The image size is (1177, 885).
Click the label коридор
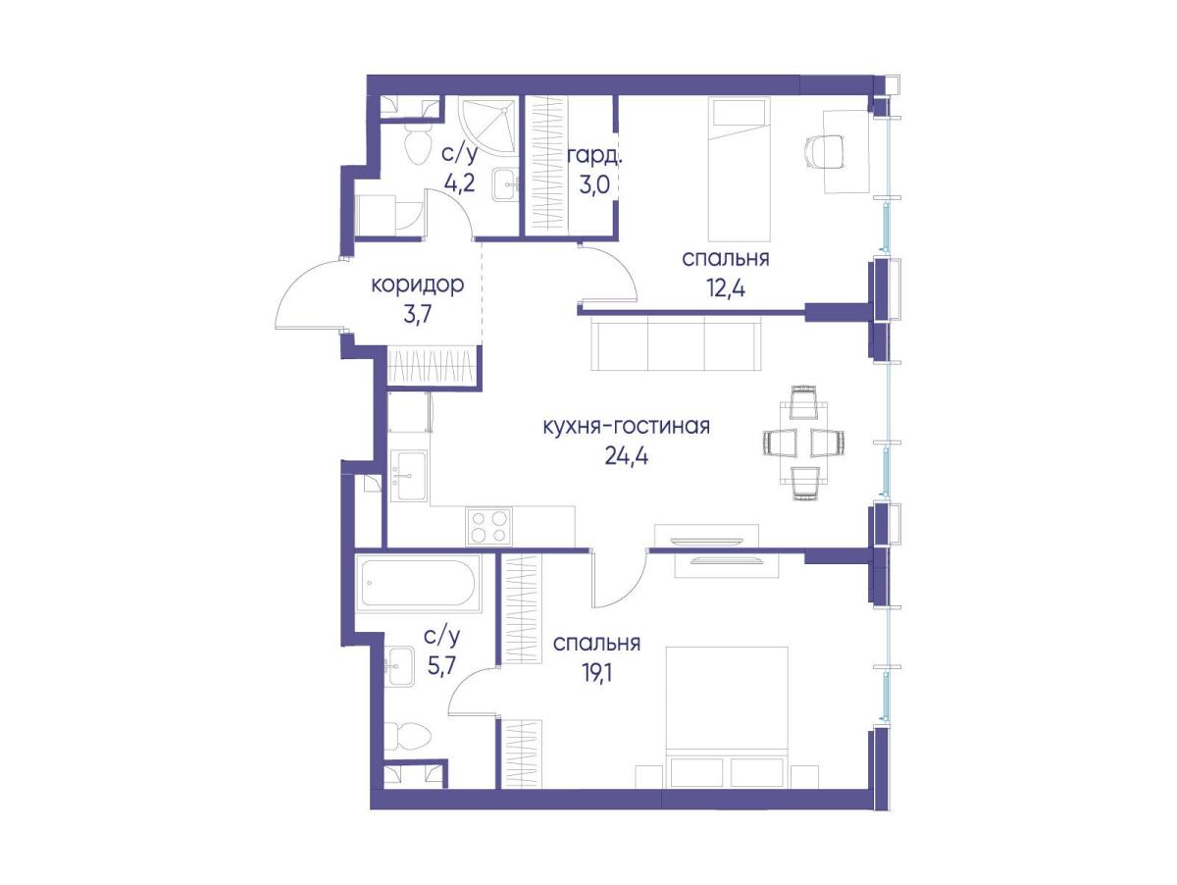coord(417,285)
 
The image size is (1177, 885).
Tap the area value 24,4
coord(627,456)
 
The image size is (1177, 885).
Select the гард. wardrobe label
coord(594,158)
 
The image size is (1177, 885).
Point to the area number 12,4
coord(725,289)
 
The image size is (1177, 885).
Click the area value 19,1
coord(596,673)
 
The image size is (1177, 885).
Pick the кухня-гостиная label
coord(627,427)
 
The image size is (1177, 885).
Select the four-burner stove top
coord(488,526)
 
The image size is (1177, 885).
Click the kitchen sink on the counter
coord(409,475)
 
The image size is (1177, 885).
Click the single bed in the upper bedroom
coord(739,169)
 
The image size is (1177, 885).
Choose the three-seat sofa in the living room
coord(676,343)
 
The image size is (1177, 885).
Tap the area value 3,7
coord(417,315)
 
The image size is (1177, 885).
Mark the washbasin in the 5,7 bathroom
coord(399,666)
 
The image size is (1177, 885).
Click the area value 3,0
coord(594,186)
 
